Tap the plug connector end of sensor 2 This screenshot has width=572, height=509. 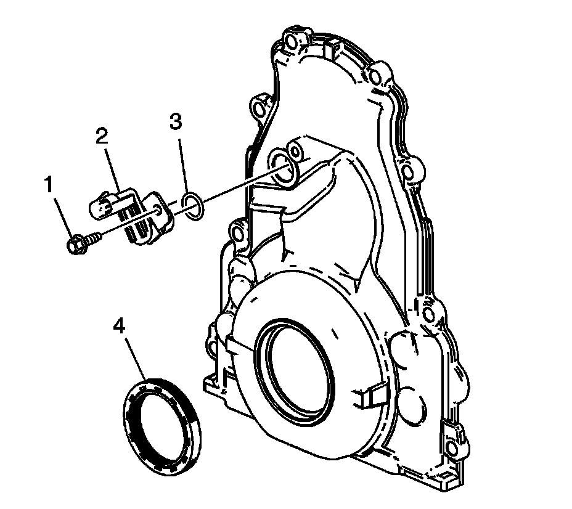[99, 206]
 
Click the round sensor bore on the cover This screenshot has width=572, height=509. [284, 166]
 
